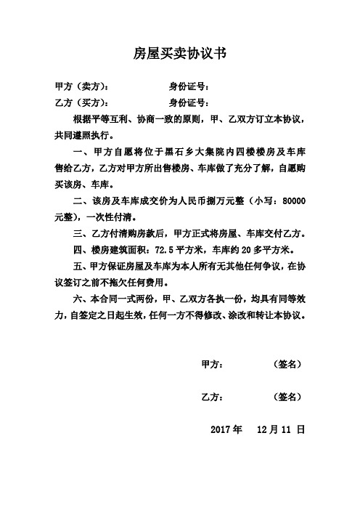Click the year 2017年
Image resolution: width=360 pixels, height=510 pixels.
226,429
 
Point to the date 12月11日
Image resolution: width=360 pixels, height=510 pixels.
285,429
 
